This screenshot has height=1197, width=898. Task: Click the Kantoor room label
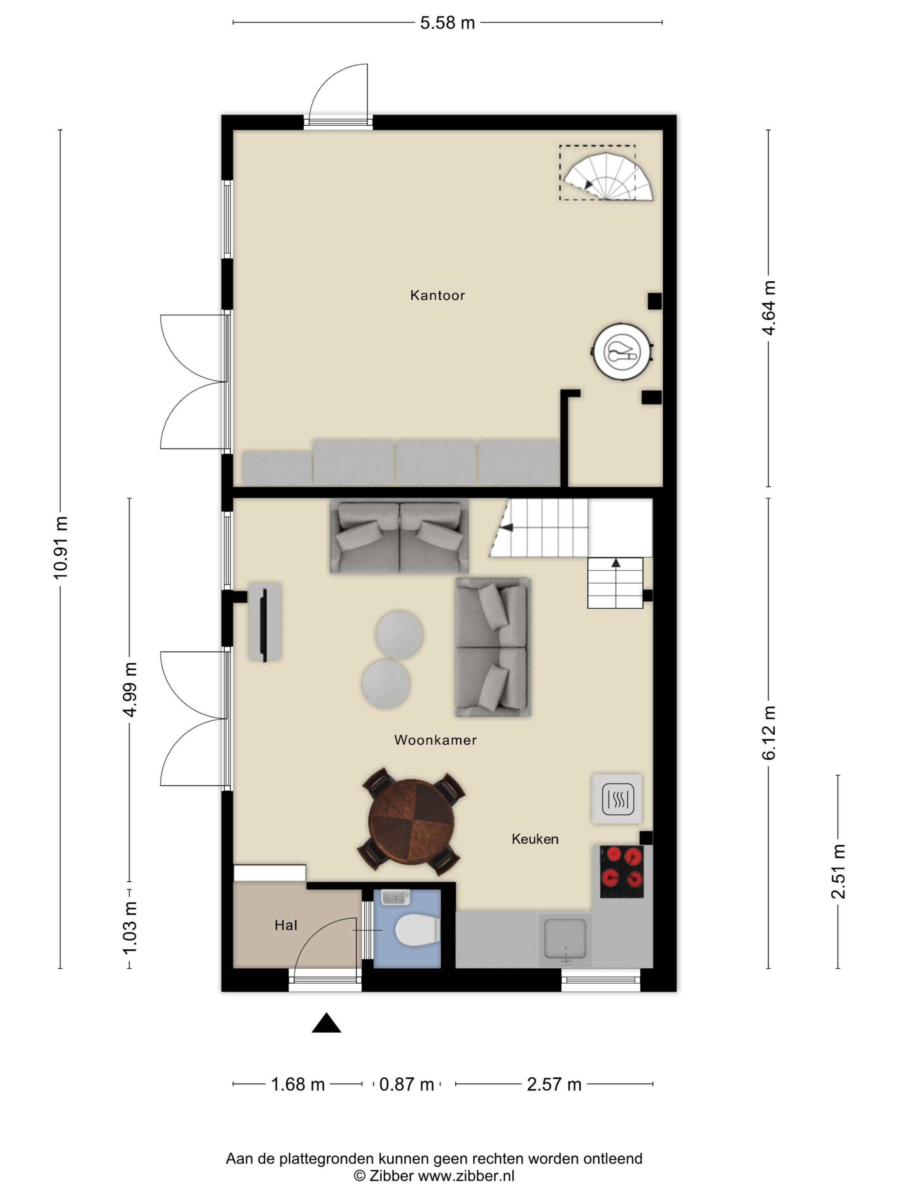[x=437, y=295]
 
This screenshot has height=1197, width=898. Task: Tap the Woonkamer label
[x=435, y=740]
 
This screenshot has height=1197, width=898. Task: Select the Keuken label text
[x=535, y=839]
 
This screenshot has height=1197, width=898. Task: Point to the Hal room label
[x=286, y=926]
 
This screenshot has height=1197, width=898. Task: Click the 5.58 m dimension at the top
[x=448, y=23]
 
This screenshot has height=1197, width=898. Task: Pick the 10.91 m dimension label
[x=61, y=548]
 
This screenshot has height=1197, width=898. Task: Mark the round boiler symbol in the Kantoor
[x=622, y=352]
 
